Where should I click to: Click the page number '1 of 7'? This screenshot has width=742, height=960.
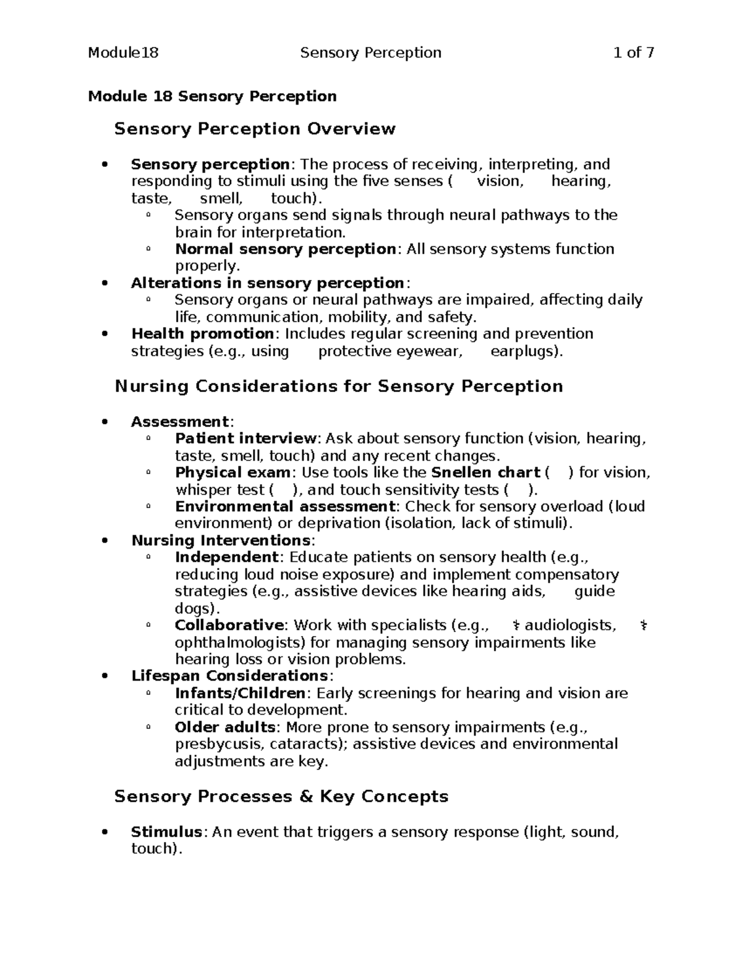coord(633,53)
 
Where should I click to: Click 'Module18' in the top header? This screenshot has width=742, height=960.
coord(123,53)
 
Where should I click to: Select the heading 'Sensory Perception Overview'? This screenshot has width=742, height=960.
coord(255,129)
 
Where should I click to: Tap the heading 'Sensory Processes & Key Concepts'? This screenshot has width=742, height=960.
coord(281,796)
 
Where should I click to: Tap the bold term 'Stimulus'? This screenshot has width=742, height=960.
coord(166,832)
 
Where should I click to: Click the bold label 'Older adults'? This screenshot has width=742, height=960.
coord(225,727)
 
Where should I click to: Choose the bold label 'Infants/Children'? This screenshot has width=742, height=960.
coord(240,694)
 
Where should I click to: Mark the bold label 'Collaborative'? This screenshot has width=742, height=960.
coord(229,626)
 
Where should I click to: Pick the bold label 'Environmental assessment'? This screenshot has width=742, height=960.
coord(285,507)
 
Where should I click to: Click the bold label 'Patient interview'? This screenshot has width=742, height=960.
coord(245,439)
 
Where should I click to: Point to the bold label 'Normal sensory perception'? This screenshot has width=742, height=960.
coord(285,249)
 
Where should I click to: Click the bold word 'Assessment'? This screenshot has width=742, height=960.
coord(180,422)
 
